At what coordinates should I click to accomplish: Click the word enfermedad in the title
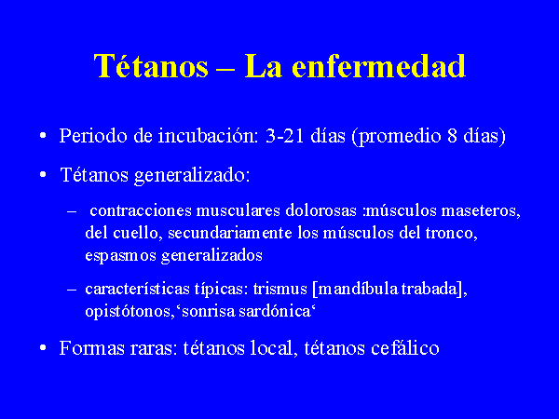pos(378,66)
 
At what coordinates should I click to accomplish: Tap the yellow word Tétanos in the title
pos(151,66)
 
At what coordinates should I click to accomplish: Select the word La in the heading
pos(263,66)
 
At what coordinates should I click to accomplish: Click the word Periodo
pos(93,136)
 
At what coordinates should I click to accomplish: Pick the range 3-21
pos(284,136)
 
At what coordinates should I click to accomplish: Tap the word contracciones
pos(141,210)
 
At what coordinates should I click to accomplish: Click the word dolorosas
pos(320,210)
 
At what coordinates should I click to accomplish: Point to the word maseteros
pos(481,210)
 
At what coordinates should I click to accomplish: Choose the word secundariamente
pos(230,233)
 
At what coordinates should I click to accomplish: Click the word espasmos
pos(120,256)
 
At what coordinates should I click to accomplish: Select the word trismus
pos(279,289)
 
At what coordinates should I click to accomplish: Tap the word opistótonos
pos(130,311)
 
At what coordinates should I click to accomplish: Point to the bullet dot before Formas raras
pos(43,347)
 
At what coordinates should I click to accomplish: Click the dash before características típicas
pos(72,290)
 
